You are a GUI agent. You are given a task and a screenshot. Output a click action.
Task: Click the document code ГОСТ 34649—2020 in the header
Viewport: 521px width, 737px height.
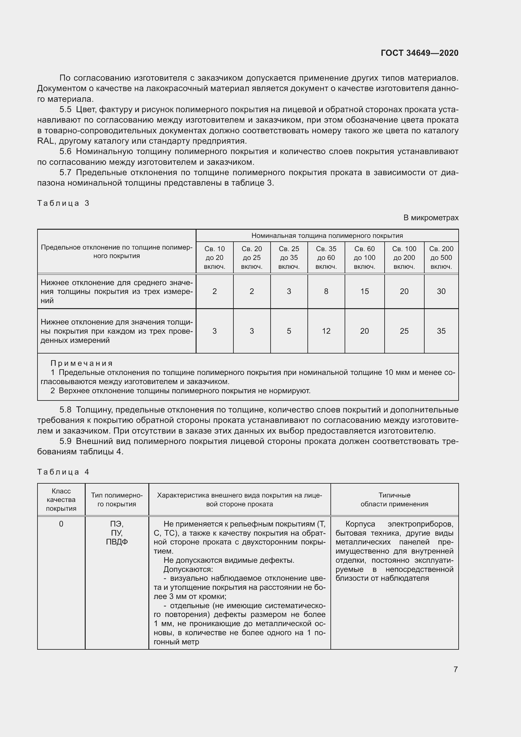coord(419,53)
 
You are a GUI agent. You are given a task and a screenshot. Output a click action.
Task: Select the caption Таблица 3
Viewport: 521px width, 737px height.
coord(63,203)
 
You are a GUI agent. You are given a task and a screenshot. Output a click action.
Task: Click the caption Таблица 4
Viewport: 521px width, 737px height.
coord(63,472)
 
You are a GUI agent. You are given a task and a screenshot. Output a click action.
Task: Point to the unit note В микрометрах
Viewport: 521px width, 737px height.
coord(431,218)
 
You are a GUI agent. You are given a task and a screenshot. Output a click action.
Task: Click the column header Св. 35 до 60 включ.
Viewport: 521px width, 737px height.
coord(326,257)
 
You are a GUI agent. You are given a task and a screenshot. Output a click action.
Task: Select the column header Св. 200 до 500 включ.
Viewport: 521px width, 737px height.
coord(441,257)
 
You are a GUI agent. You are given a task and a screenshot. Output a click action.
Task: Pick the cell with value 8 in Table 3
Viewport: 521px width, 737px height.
coord(326,291)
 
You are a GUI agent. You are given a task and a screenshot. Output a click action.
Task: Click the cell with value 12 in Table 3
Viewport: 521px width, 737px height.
coord(326,331)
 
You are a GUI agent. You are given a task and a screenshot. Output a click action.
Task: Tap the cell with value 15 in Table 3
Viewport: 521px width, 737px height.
coord(364,291)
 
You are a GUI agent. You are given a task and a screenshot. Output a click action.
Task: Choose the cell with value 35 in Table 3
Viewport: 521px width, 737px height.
coord(441,331)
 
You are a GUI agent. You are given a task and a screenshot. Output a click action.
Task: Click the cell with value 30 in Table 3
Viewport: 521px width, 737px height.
coord(441,291)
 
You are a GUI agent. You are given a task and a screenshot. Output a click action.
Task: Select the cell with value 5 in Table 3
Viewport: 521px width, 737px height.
coord(289,331)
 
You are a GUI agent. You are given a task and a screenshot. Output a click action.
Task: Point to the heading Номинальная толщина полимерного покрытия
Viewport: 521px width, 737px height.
coord(327,236)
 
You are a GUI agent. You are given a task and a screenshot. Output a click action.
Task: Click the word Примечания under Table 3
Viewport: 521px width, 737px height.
coord(82,363)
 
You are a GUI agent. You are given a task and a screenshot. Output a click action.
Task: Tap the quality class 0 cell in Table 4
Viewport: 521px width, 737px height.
coord(61,524)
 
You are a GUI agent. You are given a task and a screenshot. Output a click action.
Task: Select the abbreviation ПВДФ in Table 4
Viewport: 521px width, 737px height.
coord(117,542)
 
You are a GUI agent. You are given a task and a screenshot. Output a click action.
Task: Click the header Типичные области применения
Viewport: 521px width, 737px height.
coord(394,499)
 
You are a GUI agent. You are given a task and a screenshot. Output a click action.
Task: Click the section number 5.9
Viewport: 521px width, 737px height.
coord(65,441)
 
